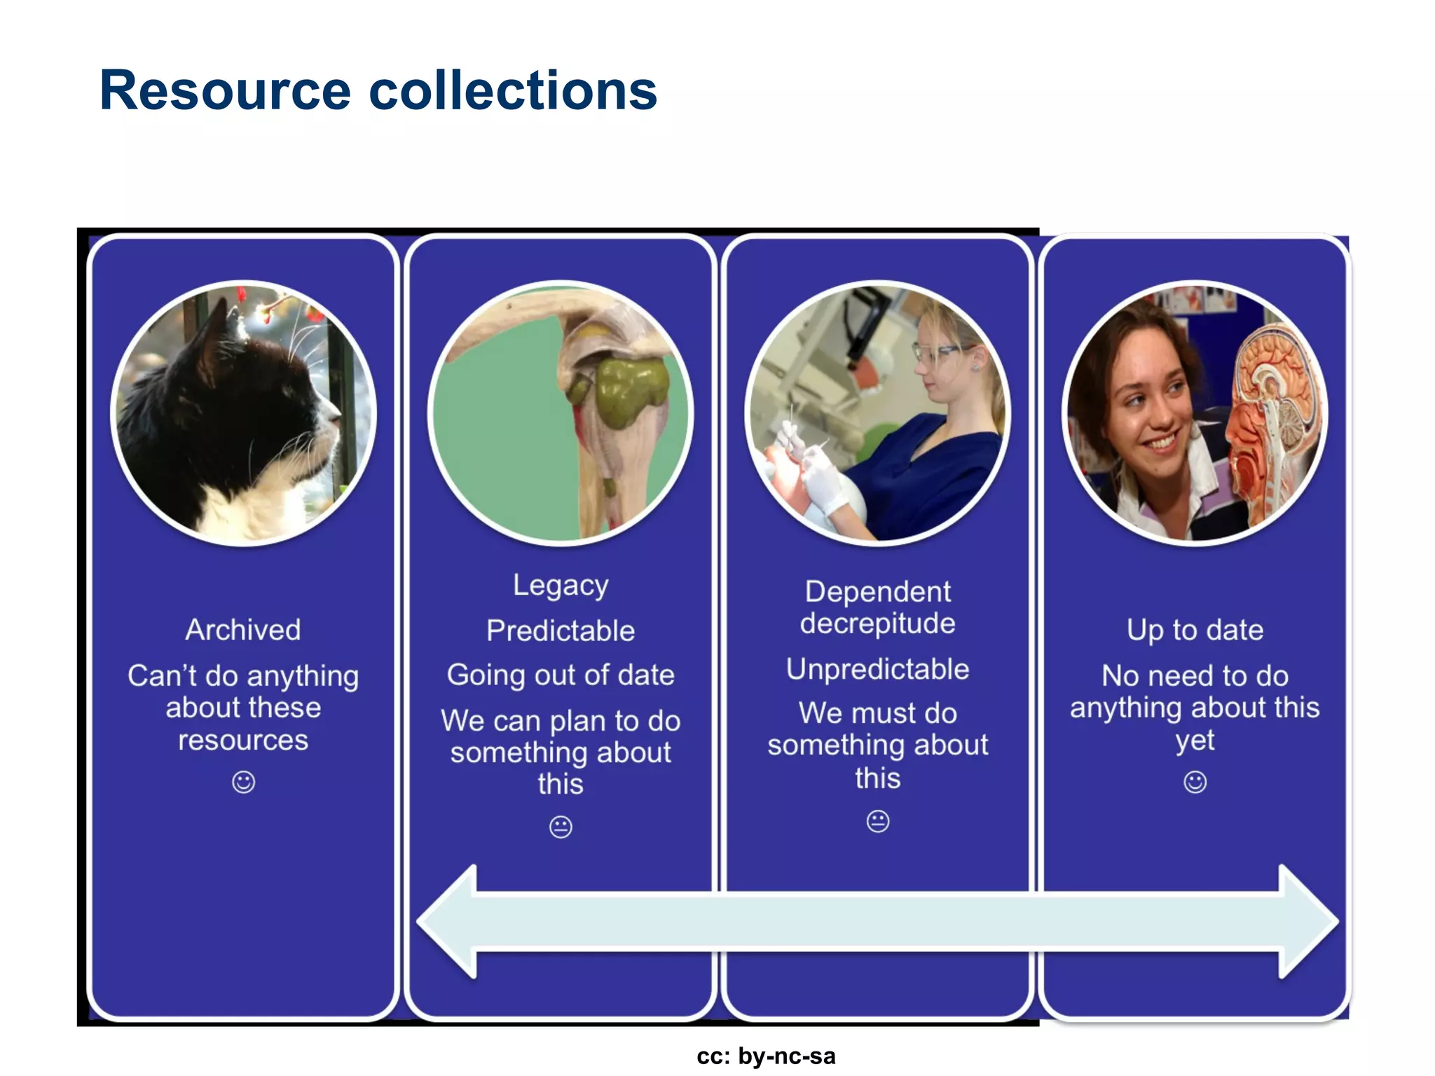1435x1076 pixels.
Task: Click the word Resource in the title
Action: (224, 91)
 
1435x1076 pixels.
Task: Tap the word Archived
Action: (243, 630)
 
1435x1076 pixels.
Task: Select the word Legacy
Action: (561, 586)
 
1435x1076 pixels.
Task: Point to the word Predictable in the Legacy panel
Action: (561, 630)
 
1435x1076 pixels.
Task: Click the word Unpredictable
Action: (877, 669)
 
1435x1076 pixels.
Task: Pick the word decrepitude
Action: (877, 623)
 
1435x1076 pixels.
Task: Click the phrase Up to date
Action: (1195, 630)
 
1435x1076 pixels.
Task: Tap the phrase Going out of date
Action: (561, 675)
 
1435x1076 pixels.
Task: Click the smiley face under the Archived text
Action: (243, 782)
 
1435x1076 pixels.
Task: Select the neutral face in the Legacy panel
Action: (561, 827)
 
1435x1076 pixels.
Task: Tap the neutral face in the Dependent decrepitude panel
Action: (877, 820)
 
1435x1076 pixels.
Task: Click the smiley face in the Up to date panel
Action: (1195, 782)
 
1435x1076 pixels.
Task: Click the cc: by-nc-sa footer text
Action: (765, 1056)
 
